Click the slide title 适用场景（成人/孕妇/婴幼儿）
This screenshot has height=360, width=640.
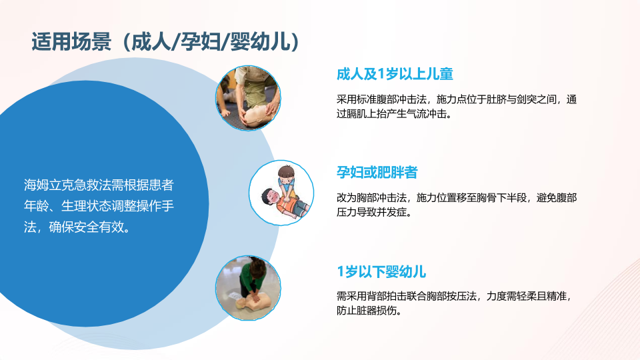[166, 42]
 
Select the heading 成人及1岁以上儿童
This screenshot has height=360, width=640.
[395, 74]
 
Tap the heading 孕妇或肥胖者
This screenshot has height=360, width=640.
[377, 172]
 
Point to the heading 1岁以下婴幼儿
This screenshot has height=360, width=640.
[381, 271]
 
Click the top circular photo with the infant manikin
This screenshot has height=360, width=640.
[248, 98]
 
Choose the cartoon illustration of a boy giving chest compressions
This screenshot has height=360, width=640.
[281, 193]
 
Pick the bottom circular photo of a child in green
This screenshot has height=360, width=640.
[248, 288]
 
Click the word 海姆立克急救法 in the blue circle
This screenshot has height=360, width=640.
[61, 185]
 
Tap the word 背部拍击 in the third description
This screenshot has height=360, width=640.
[387, 296]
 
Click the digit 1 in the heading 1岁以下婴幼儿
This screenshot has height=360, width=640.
[340, 272]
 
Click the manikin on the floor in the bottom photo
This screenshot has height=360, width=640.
[253, 302]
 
